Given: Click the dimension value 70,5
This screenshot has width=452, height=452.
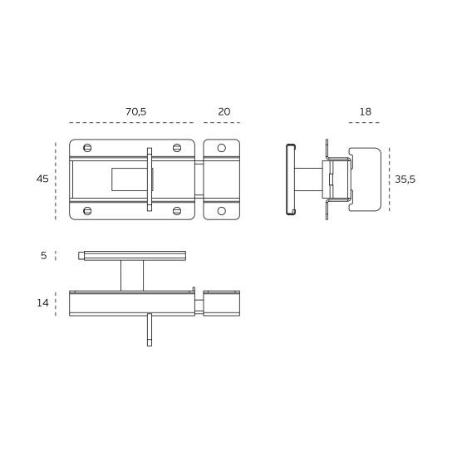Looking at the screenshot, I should (136, 111).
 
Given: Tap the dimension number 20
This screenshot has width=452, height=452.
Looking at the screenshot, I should (224, 111).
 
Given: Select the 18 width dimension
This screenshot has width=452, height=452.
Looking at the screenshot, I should (366, 111).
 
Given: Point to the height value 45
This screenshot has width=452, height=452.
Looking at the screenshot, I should (42, 179).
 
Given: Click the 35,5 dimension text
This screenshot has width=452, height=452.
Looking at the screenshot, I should (405, 179).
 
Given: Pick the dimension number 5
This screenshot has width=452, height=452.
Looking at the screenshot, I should (44, 256).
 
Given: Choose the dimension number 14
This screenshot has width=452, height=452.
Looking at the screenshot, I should (43, 303).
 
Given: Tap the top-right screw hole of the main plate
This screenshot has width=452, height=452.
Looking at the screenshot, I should (177, 148).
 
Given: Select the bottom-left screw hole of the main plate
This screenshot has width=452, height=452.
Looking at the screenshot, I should (87, 210).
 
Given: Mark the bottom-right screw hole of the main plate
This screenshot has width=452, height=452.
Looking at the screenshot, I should (177, 210).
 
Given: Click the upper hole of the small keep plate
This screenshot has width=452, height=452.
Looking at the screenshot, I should (222, 148).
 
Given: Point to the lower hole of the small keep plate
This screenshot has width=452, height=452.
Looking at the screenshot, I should (222, 210).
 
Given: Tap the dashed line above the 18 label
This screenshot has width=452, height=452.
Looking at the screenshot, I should (365, 123).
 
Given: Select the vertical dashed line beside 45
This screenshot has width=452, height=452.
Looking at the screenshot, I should (56, 179).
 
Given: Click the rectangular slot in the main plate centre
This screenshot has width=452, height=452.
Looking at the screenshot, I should (129, 179).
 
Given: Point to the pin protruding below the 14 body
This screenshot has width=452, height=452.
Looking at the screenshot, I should (150, 330).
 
